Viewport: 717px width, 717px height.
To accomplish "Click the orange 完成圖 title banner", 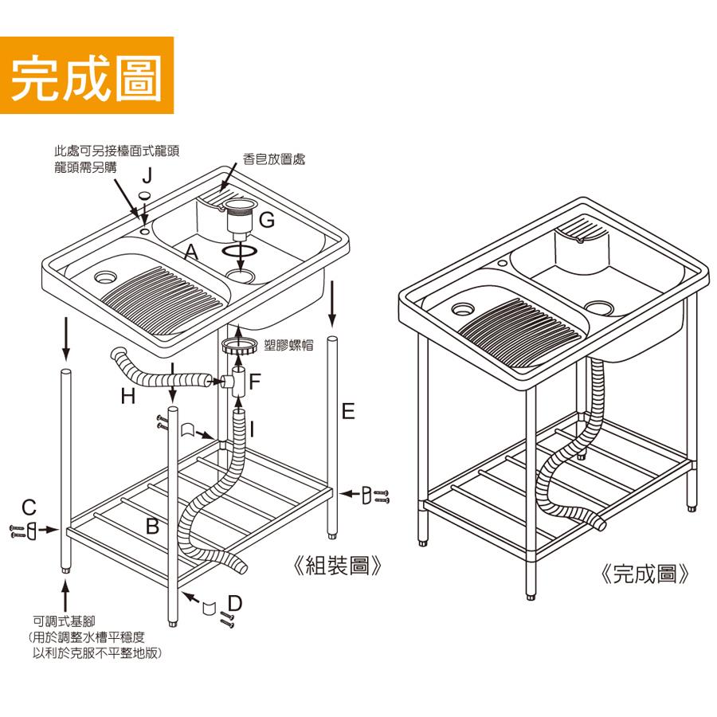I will click(87, 76).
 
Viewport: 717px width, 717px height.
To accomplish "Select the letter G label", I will click(267, 220).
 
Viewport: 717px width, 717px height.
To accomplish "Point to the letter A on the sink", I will click(190, 253).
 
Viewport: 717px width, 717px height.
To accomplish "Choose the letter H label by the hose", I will click(127, 394).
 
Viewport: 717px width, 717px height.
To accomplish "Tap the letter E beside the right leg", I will click(347, 411).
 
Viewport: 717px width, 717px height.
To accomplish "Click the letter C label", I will click(29, 507).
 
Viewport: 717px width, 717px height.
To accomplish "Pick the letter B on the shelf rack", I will click(153, 526).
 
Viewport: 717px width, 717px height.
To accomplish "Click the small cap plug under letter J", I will click(145, 195).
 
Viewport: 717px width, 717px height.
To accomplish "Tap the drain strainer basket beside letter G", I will click(238, 217).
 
